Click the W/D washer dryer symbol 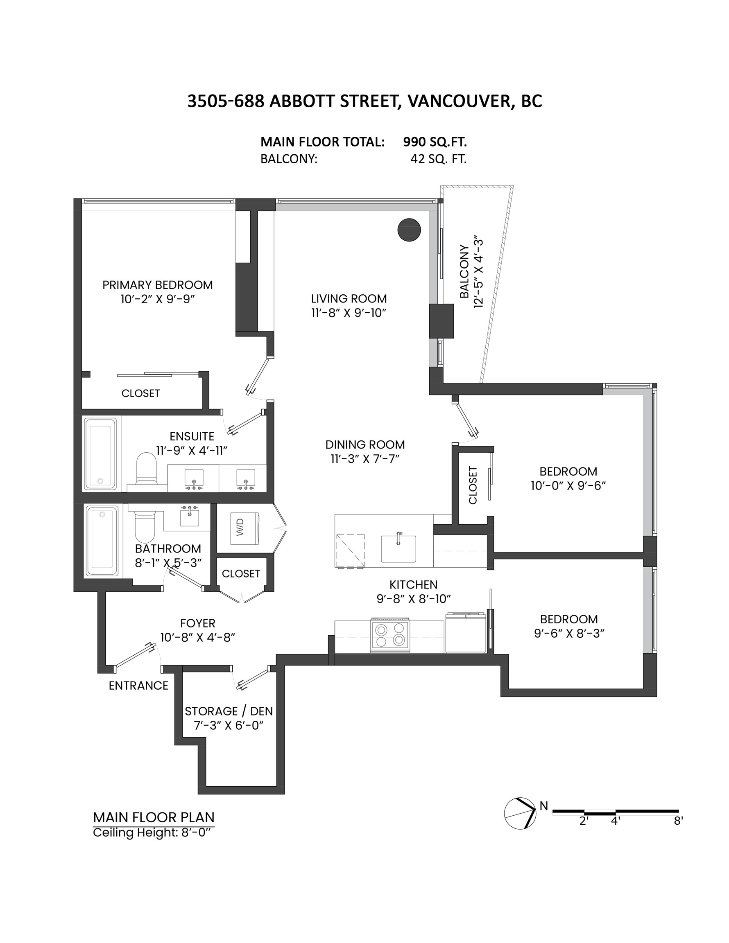[245, 528]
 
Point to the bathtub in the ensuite [100, 453]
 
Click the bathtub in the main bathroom [102, 541]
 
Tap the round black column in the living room [409, 230]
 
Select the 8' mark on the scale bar [678, 821]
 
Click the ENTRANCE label [138, 685]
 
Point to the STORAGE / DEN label [229, 711]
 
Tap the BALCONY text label [464, 272]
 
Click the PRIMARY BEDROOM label [157, 285]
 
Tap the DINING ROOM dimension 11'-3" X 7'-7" [365, 458]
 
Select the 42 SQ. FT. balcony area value [438, 159]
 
